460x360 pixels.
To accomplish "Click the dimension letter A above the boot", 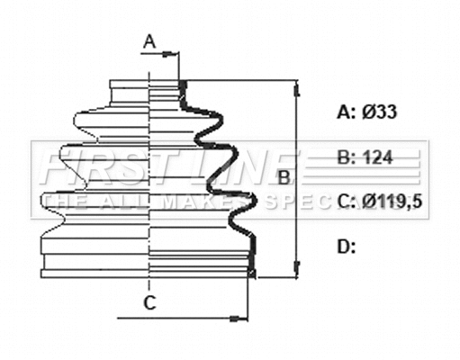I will (150, 40).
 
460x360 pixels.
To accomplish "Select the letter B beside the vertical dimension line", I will (283, 177).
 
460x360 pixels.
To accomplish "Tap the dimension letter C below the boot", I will (150, 301).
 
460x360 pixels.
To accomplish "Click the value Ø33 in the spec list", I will (380, 112).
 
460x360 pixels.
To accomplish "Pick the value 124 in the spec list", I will (378, 157).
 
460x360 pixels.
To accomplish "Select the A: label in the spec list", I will (346, 112).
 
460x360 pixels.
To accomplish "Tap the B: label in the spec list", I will (346, 157).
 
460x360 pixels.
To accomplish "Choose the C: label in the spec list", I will (346, 202).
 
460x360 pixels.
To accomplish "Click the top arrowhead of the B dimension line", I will (296, 85).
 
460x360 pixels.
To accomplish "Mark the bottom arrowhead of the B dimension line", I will (296, 271).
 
